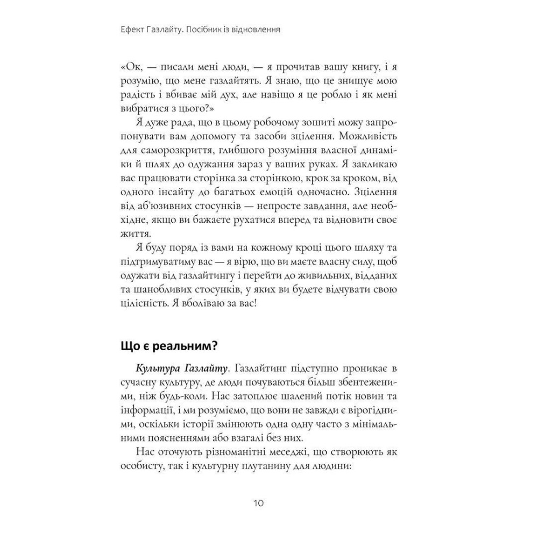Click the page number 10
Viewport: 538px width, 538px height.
pyautogui.click(x=257, y=504)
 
